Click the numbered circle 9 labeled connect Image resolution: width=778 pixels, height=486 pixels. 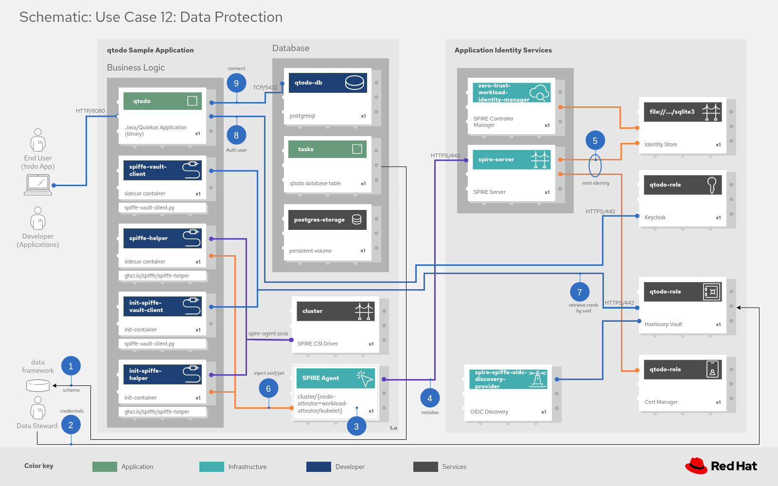point(236,83)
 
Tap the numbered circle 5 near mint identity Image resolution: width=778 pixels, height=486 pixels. point(595,140)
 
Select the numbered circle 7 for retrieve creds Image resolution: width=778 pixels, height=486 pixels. point(579,292)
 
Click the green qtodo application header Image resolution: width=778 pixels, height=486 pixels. point(162,101)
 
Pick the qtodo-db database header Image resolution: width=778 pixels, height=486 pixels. point(327,83)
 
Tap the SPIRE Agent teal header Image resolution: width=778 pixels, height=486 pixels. point(335,378)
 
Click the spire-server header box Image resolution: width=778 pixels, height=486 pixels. point(511,159)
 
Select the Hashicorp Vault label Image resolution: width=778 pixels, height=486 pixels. point(663,324)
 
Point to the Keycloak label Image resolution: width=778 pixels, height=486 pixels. point(655,217)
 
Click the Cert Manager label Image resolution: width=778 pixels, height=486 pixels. point(661,402)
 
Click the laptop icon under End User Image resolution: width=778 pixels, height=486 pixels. point(38,185)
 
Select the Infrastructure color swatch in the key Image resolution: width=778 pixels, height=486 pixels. point(212,467)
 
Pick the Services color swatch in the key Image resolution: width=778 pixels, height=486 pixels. point(425,467)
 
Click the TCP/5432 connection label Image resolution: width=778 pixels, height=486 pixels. point(265,87)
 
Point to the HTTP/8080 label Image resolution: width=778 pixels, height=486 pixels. point(90,111)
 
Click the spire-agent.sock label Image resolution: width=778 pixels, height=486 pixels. point(268,333)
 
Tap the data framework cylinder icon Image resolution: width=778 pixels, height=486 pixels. point(38,385)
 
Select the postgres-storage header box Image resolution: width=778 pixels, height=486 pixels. point(327,220)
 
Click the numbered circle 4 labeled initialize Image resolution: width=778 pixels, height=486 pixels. point(429,398)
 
